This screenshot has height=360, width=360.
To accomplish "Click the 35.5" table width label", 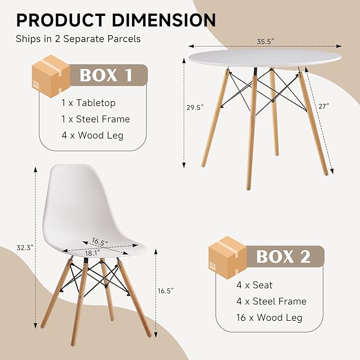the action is tap(266, 41).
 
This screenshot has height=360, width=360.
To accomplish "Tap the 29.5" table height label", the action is tap(195, 108).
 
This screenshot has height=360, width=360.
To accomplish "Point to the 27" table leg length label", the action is tap(324, 106).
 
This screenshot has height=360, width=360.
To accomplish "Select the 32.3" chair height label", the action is tap(25, 248).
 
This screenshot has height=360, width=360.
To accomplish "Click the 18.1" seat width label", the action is tap(93, 253).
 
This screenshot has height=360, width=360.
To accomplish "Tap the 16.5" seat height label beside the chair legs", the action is tap(165, 291).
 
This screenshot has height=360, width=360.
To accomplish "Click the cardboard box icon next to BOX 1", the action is tap(51, 76).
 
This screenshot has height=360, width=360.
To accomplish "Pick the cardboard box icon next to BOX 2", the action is tap(227, 257).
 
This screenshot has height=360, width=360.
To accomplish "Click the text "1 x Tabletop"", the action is tap(89, 103).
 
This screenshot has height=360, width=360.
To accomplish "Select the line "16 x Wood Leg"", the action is tap(269, 318).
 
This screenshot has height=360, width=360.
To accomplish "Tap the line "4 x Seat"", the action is tap(254, 285).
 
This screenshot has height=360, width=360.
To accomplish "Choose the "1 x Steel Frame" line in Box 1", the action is tap(95, 119).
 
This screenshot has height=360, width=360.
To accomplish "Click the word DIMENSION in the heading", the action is tap(164, 20).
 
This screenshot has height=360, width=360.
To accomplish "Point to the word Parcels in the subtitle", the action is tap(124, 39).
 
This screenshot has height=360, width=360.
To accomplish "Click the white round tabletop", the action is tap(265, 58).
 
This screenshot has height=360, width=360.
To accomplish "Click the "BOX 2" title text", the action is tap(283, 257).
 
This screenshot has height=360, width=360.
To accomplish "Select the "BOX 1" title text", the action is tap(106, 75).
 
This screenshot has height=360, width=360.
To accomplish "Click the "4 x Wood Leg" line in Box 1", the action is tap(92, 135).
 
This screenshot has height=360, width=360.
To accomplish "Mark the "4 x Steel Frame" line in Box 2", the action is tap(271, 302).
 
